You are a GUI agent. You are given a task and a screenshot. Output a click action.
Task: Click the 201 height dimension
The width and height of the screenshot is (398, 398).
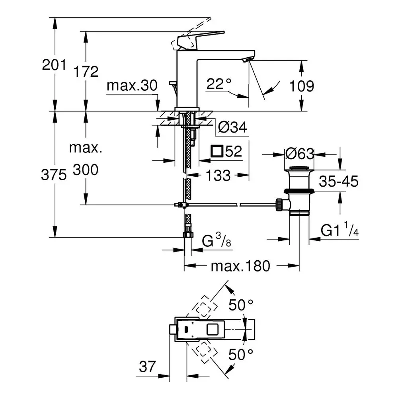tap(54, 64)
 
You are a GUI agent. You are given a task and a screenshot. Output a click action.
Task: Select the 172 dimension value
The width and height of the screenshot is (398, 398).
tap(86, 72)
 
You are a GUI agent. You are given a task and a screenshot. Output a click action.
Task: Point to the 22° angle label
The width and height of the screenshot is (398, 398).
tap(219, 84)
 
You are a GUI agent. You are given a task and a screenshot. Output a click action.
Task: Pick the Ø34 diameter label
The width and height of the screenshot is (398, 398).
tap(233, 127)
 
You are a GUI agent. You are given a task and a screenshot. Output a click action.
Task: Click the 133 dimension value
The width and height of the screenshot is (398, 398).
tap(218, 175)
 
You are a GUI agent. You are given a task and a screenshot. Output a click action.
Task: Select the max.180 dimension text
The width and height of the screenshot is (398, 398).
tap(240, 266)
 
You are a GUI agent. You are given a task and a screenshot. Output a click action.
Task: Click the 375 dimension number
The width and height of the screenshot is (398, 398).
tap(54, 175)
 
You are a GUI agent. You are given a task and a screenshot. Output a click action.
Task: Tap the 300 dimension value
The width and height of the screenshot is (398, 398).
tap(86, 170)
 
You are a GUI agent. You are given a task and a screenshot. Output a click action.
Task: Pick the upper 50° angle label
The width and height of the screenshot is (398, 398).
tap(241, 305)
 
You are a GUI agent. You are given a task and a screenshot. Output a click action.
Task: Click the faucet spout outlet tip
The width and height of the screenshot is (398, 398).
tap(248, 60)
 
